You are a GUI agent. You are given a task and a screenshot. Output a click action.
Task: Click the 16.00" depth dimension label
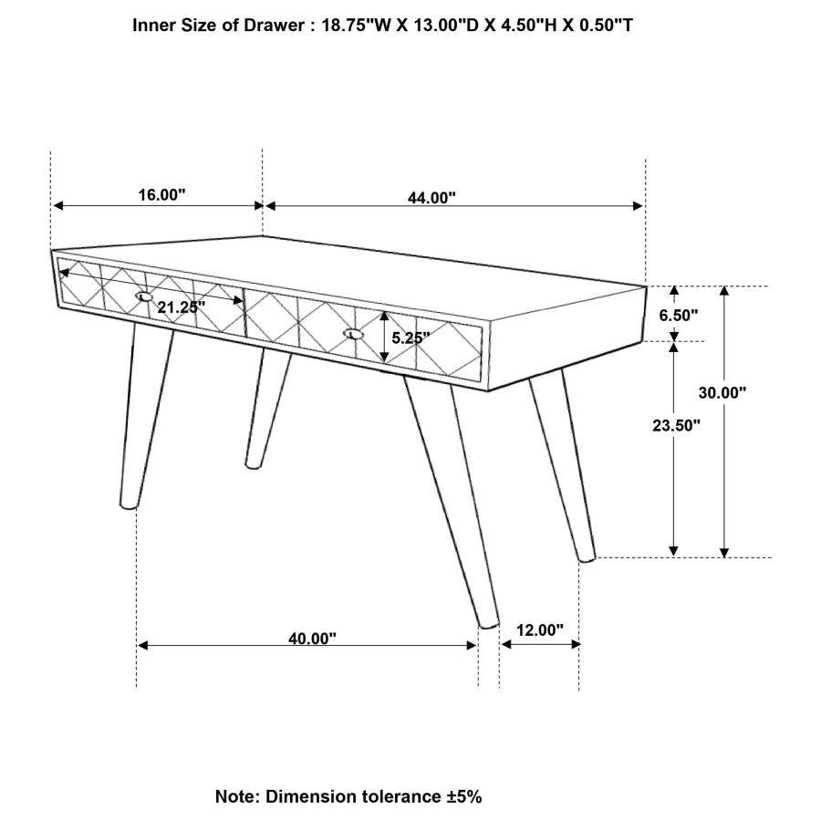point(162,194)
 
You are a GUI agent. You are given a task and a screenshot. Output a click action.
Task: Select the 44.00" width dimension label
point(432,197)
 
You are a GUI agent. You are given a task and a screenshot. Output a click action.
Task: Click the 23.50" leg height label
point(677,424)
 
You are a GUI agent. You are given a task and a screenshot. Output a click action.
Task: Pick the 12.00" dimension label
point(541,629)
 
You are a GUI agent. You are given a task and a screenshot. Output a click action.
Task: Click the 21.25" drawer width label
point(178,307)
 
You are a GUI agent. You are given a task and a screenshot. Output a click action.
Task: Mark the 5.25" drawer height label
point(410,337)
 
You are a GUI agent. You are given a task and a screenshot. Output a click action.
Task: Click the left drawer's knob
point(144,296)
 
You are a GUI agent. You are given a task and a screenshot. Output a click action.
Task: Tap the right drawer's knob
point(353,335)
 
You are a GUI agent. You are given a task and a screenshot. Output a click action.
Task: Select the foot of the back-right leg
point(587,555)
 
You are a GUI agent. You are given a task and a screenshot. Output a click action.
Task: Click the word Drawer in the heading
point(272,26)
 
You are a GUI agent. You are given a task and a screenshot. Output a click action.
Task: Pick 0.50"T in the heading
point(603,26)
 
